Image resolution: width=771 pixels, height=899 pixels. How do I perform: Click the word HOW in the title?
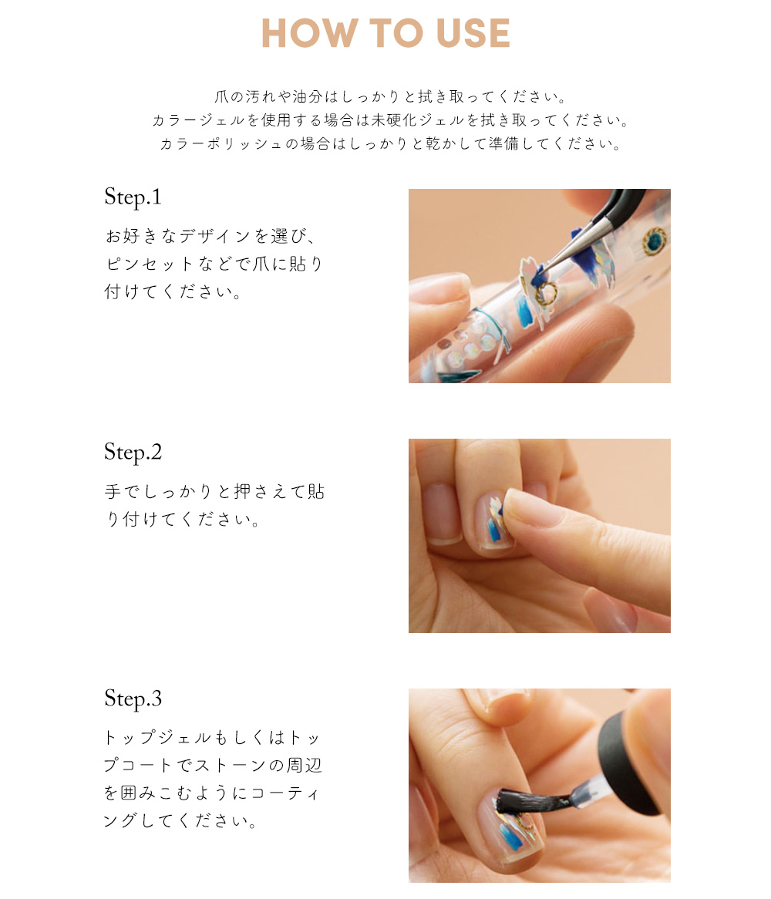309,32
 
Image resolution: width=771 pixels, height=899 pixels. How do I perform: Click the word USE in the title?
473,32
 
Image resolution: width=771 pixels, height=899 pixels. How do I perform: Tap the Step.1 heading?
133,197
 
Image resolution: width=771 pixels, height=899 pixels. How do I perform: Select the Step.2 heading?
133,453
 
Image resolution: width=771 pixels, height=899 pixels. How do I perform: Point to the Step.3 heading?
133,699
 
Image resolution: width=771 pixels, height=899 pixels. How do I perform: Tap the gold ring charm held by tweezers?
545,293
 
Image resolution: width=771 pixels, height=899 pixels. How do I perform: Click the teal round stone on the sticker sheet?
654,241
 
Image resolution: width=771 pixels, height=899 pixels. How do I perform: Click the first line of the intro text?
390,96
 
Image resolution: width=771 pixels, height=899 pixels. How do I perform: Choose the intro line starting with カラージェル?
390,120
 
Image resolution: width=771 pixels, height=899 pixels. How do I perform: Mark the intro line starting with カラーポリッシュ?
390,143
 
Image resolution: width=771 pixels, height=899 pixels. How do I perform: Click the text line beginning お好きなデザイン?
210,236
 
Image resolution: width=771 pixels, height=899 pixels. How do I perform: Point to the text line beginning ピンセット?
214,264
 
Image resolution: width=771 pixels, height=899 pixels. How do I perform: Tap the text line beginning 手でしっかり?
214,491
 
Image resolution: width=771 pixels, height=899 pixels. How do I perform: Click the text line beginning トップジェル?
212,737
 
